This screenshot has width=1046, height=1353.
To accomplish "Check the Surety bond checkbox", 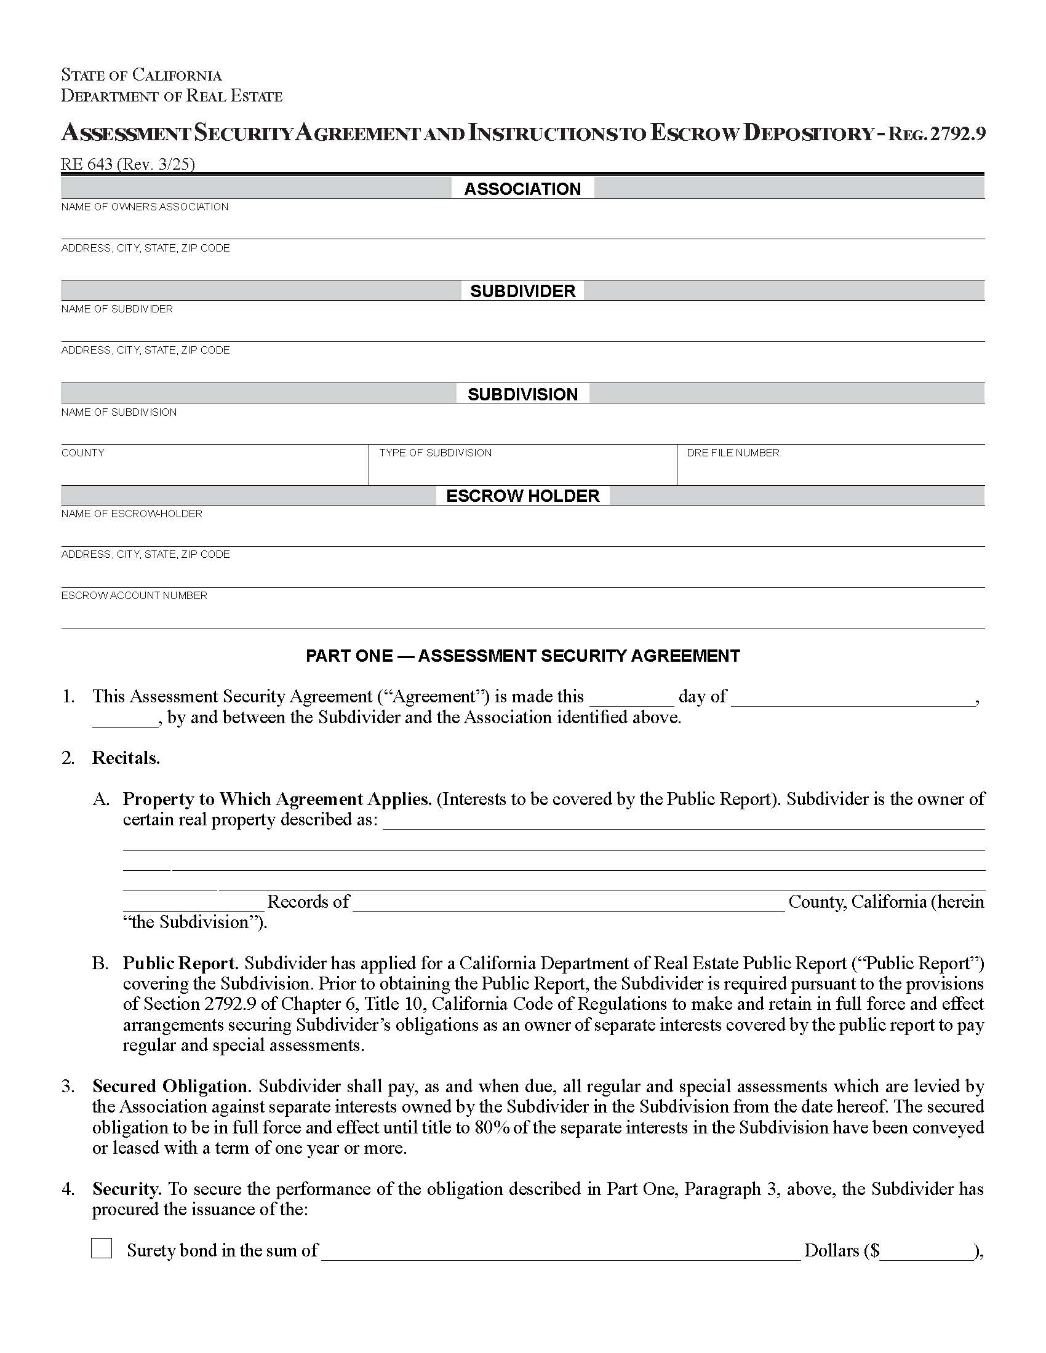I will click(102, 1248).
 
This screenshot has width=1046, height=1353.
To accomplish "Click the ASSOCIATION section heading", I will click(522, 188).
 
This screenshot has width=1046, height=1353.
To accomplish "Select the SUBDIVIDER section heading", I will click(522, 290).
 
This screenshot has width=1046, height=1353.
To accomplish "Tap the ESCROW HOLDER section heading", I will click(522, 496).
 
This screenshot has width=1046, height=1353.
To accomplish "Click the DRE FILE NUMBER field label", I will click(732, 453).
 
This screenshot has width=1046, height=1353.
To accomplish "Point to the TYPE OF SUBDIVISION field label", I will click(435, 453).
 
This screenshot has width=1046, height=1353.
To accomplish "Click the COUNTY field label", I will click(82, 453).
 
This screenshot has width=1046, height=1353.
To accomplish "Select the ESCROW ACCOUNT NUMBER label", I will click(134, 595).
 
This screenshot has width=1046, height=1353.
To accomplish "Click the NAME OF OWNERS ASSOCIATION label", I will click(145, 207).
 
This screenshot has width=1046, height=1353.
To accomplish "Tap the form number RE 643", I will click(87, 164).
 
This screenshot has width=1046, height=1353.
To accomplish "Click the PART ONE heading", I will click(522, 656).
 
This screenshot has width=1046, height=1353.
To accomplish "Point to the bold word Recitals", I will click(126, 758).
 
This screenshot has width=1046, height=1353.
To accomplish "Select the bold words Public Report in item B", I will click(180, 963).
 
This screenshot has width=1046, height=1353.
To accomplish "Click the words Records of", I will click(308, 902).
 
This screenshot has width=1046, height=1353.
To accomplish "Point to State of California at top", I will click(142, 75).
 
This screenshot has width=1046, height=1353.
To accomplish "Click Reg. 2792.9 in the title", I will click(936, 134).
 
